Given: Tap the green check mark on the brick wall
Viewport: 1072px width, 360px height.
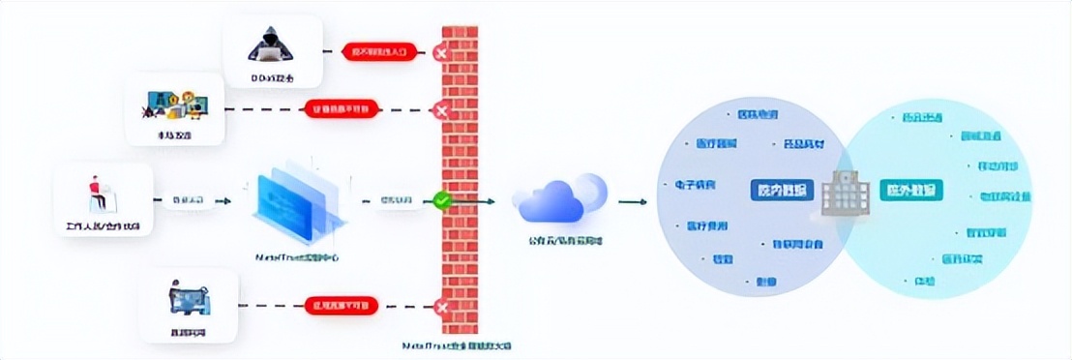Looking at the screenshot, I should click(441, 201).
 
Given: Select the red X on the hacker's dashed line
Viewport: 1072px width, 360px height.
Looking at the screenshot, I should click(442, 51).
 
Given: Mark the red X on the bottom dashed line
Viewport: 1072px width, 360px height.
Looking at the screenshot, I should click(442, 309).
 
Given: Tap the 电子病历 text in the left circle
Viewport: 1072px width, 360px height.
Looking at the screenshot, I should click(688, 184).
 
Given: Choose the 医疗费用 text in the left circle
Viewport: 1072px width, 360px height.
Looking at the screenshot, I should click(707, 226).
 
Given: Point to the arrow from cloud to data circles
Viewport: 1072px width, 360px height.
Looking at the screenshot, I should click(633, 202).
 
